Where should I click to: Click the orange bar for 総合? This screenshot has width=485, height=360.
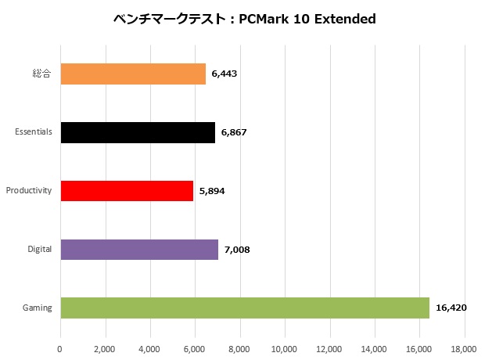[133, 74]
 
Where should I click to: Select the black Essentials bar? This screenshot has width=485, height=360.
[138, 132]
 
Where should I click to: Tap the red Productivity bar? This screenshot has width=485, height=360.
[127, 190]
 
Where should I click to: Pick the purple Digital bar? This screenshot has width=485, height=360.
[139, 249]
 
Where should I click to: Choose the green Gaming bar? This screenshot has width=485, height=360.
[245, 308]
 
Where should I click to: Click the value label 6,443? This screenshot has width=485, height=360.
[225, 74]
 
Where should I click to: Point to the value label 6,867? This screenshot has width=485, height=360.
[234, 132]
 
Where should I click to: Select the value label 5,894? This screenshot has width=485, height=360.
[212, 191]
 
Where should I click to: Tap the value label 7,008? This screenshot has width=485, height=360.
[237, 250]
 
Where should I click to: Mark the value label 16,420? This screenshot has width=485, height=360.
[451, 308]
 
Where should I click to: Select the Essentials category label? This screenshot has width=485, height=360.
[34, 132]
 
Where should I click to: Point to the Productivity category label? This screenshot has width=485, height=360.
[29, 191]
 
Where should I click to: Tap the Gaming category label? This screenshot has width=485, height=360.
[38, 308]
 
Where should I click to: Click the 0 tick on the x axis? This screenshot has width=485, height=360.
[60, 348]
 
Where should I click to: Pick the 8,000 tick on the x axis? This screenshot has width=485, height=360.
[239, 348]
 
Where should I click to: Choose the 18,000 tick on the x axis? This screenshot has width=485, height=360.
[464, 348]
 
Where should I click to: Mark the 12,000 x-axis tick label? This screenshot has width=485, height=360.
[329, 348]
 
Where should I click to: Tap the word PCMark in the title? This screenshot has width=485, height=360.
[267, 19]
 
